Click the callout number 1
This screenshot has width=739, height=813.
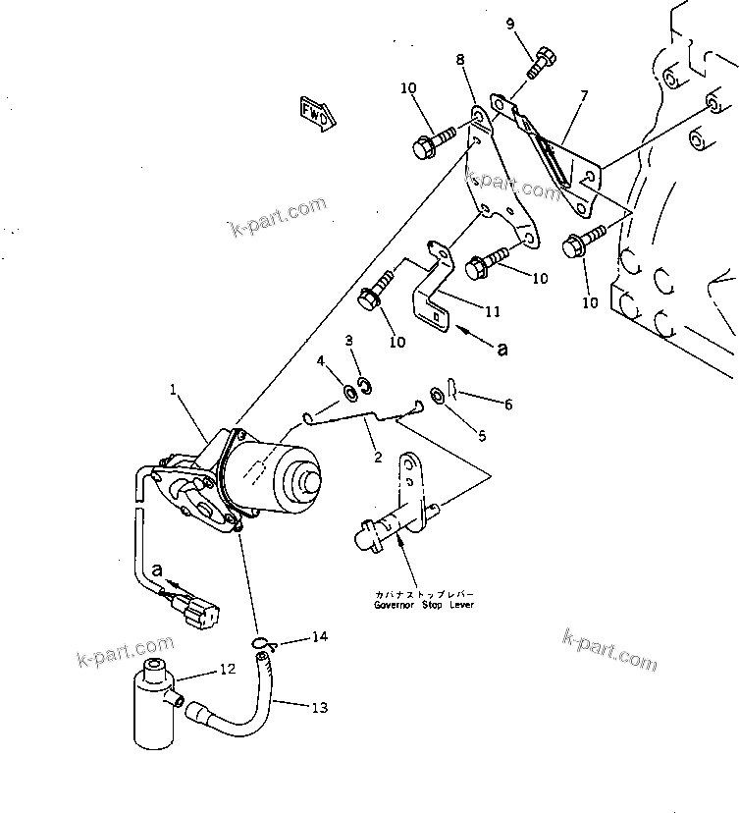coord(175,390)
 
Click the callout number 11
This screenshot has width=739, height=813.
coord(492,311)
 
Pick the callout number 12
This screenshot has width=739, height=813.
coord(227,670)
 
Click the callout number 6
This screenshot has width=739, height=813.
coord(507,404)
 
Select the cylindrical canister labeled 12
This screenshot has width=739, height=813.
coord(153,704)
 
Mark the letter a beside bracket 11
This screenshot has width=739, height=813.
coord(501,348)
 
